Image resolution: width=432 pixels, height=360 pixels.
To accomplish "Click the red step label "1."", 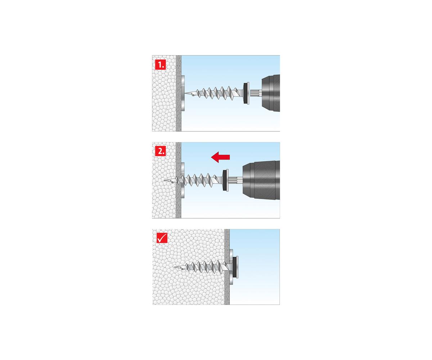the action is click(160, 64).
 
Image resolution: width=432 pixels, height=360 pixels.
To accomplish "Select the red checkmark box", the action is click(162, 238).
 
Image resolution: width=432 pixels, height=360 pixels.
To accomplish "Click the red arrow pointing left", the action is click(220, 157).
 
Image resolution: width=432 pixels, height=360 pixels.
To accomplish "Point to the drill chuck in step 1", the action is click(271, 93).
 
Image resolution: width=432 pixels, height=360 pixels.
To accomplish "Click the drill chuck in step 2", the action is click(261, 180).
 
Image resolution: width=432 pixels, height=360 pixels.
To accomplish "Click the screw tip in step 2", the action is click(165, 180).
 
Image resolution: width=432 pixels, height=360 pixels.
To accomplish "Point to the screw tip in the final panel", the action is click(174, 267).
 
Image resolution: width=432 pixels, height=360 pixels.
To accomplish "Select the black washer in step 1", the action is click(245, 93).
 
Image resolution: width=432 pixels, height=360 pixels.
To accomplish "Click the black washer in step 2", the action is click(225, 180).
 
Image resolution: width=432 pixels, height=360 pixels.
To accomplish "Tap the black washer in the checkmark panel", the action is click(235, 267).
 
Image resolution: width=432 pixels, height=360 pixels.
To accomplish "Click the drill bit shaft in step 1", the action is click(256, 93).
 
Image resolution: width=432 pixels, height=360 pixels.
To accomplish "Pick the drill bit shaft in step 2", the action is click(236, 180).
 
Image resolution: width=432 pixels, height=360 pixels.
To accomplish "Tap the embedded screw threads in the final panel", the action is click(203, 267).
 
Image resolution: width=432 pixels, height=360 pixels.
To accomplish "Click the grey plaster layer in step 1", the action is click(179, 93).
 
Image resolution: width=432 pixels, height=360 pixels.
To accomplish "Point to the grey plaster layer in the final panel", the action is click(227, 267).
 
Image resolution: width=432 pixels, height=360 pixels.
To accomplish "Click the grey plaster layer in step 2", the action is click(179, 180).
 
